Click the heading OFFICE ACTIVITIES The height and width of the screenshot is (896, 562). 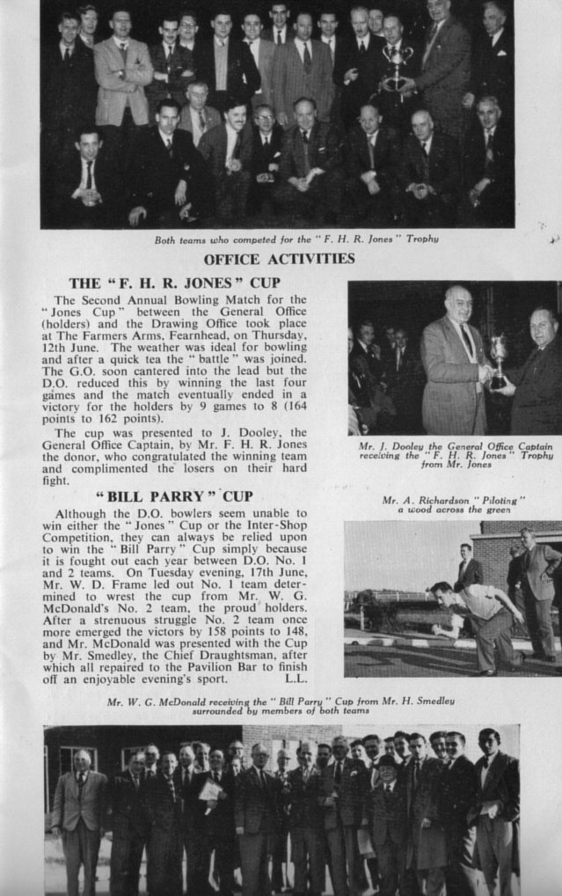click(x=279, y=259)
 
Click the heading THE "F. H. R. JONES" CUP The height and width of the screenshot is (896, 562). click(x=174, y=283)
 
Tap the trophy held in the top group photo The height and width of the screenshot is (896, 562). click(x=398, y=65)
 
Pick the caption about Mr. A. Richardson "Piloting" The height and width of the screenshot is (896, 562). click(x=453, y=504)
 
